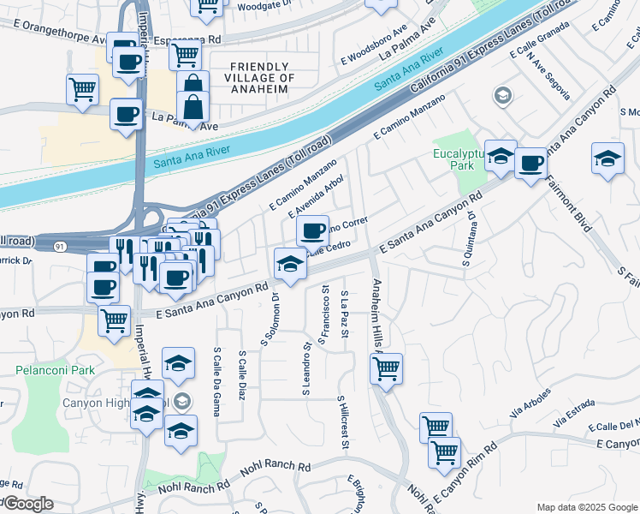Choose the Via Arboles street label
coord(530,411)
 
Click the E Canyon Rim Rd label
coord(466,471)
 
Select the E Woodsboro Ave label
coord(374,44)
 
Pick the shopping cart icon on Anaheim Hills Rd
coord(386,368)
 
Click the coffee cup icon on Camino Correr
coord(312,230)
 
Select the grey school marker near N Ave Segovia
coord(503,94)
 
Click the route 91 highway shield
coord(59,247)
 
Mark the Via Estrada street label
coord(572,418)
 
